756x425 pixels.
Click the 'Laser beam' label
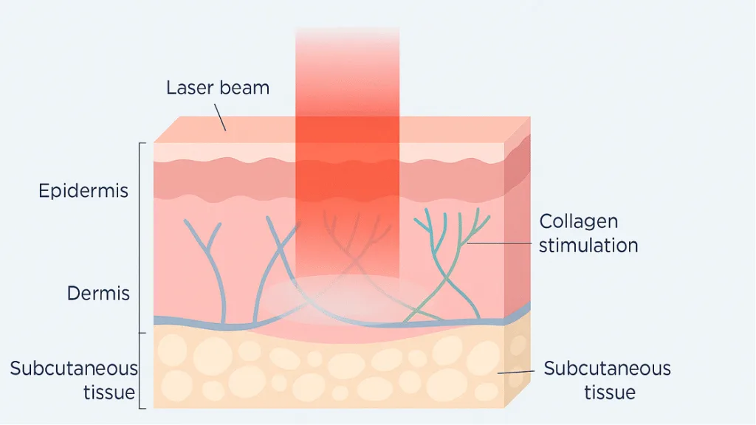pyautogui.click(x=217, y=88)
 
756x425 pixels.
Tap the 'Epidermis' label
pyautogui.click(x=83, y=191)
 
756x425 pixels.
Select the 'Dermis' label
pyautogui.click(x=98, y=293)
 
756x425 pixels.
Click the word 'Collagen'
pyautogui.click(x=578, y=221)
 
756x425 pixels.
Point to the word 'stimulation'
pyautogui.click(x=588, y=246)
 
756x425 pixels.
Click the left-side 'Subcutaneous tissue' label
pyautogui.click(x=74, y=379)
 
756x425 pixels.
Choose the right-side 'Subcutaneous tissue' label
pyautogui.click(x=607, y=379)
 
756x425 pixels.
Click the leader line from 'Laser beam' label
pyautogui.click(x=221, y=117)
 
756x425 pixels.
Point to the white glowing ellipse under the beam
pyautogui.click(x=347, y=298)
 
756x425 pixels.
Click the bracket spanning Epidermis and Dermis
pyautogui.click(x=141, y=236)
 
